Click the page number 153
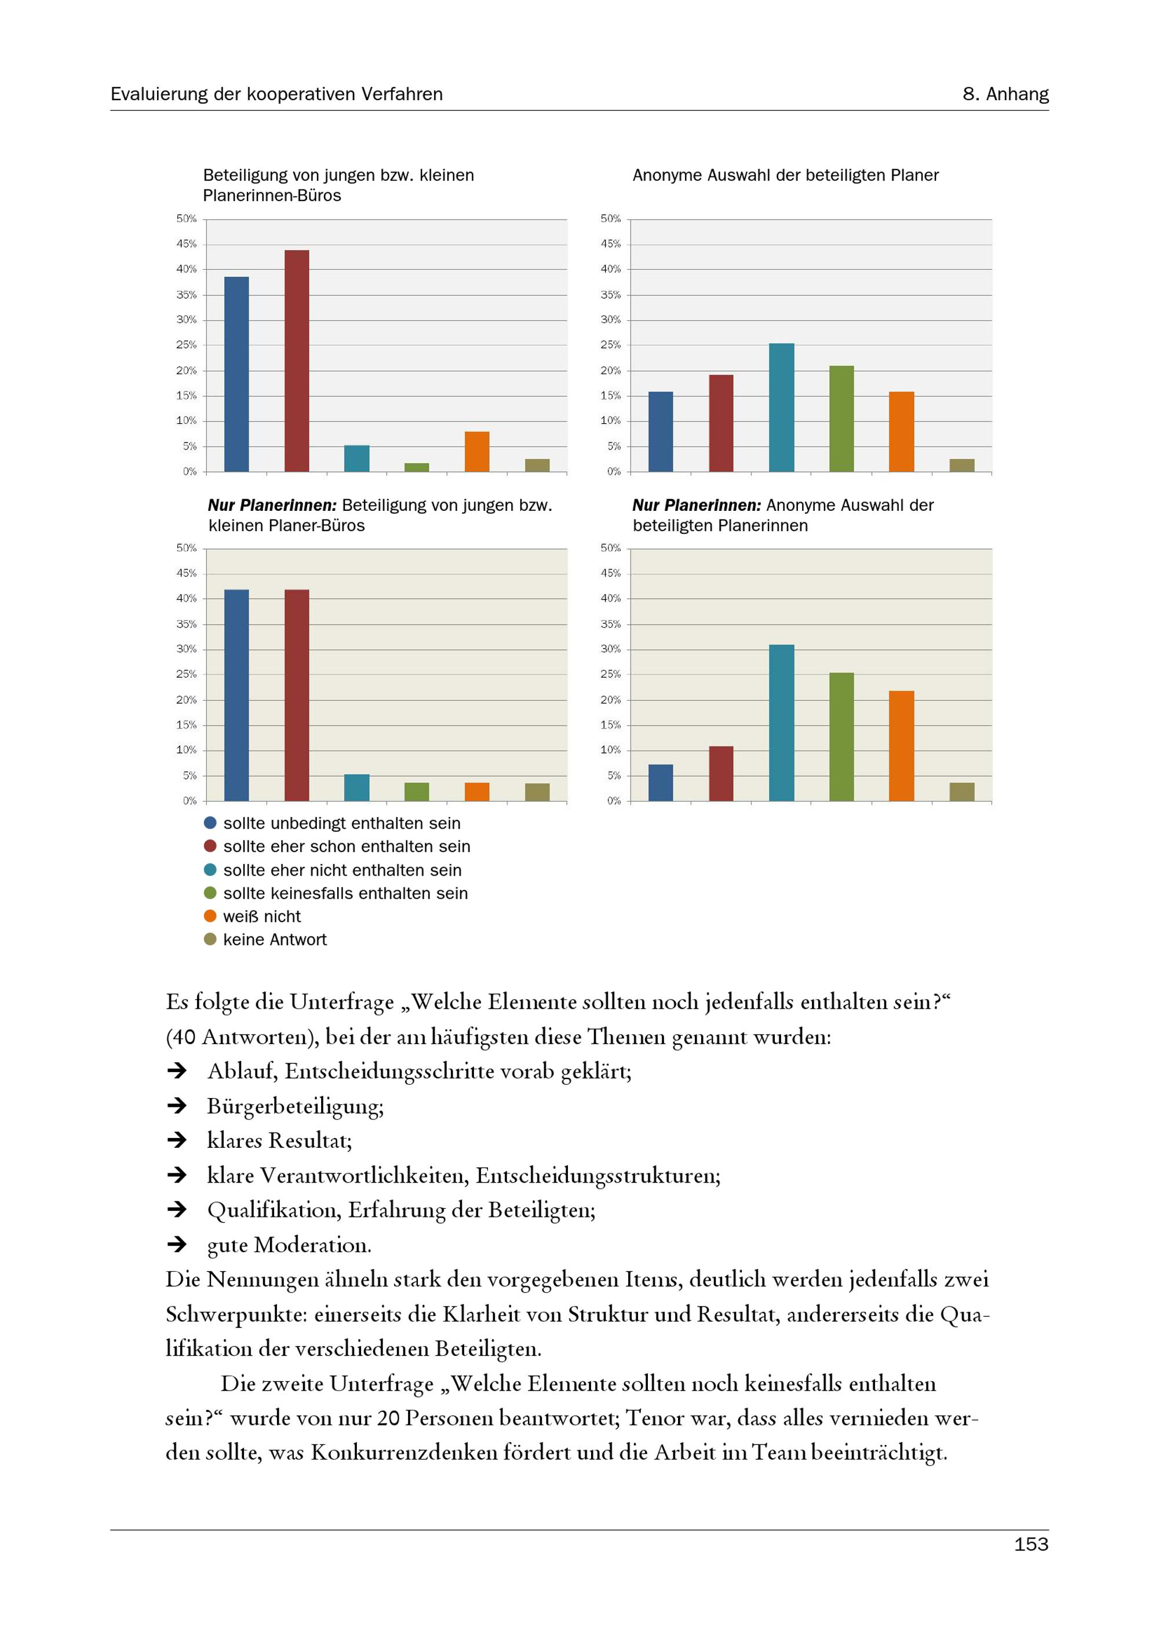(x=1030, y=1544)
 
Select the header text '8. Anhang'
(x=1005, y=94)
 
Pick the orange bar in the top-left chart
(x=476, y=451)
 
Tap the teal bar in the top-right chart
(x=781, y=407)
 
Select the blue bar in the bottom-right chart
(x=661, y=782)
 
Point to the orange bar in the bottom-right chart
(x=901, y=745)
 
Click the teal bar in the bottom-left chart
(x=356, y=788)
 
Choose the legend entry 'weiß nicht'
(x=262, y=917)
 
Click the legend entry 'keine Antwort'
(x=275, y=939)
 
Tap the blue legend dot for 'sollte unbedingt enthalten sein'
(x=210, y=823)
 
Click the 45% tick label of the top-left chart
(x=187, y=244)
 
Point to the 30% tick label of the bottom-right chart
(x=611, y=649)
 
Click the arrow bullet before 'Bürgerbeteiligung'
(x=176, y=1106)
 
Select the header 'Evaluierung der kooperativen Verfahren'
(x=276, y=94)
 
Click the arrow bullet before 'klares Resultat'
(x=176, y=1140)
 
